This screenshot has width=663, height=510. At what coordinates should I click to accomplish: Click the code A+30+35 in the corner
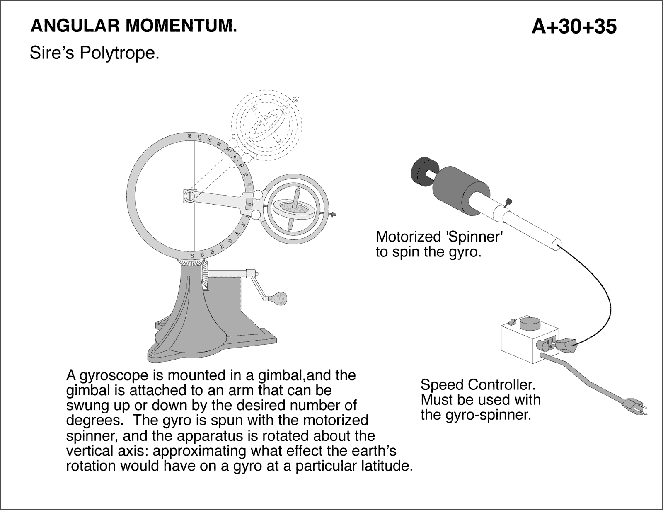pyautogui.click(x=574, y=27)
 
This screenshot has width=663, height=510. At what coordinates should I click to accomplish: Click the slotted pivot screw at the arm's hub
pyautogui.click(x=190, y=196)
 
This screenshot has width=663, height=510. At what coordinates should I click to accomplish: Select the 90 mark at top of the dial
pyautogui.click(x=189, y=136)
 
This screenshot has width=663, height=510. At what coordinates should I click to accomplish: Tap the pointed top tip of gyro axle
pyautogui.click(x=297, y=189)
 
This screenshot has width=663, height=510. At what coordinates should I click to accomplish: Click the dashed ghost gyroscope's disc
pyautogui.click(x=265, y=124)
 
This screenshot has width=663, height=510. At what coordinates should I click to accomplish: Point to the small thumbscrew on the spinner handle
pyautogui.click(x=509, y=202)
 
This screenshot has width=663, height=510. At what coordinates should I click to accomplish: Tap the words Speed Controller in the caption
pyautogui.click(x=478, y=385)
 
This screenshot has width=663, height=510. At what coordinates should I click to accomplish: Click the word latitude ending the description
pyautogui.click(x=384, y=466)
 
